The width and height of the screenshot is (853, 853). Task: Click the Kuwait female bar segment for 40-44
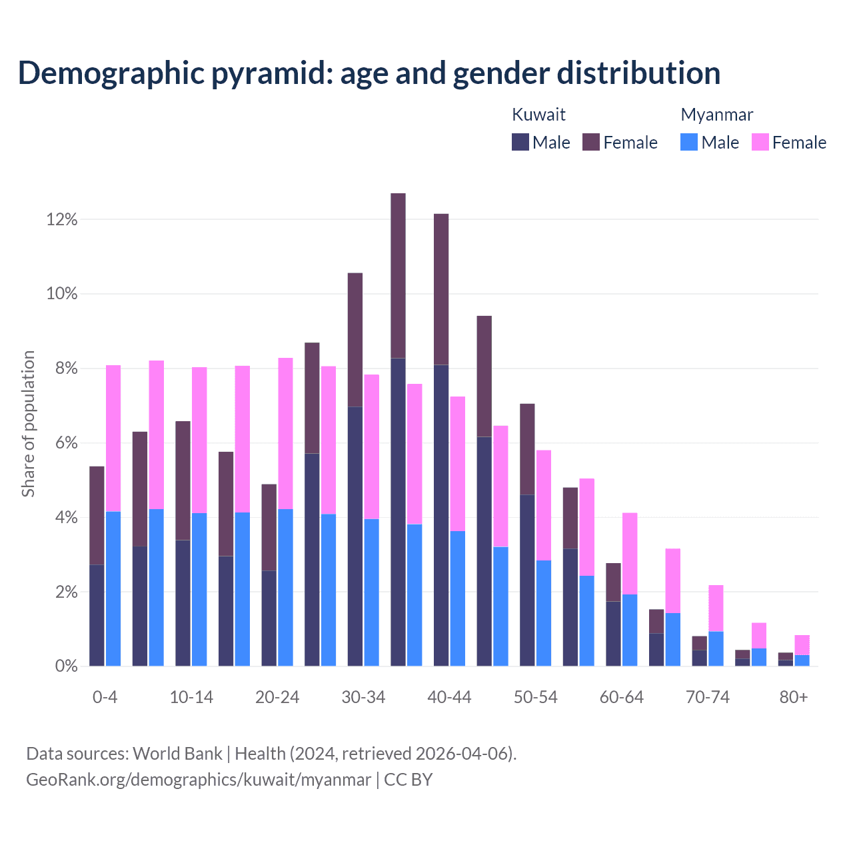click(x=441, y=289)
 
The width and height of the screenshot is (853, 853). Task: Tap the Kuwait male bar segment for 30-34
click(x=355, y=536)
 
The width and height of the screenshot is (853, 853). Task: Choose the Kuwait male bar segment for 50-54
click(x=527, y=580)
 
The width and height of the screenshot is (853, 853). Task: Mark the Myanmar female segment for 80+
click(x=802, y=645)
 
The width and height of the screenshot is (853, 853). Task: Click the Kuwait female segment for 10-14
click(x=183, y=480)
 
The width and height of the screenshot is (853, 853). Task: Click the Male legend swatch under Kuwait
click(x=520, y=142)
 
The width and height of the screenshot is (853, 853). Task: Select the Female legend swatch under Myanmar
click(x=760, y=142)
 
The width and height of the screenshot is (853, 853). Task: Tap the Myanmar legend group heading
click(x=716, y=115)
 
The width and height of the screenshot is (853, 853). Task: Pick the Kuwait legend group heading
click(x=538, y=115)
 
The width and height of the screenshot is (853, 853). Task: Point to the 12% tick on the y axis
click(x=62, y=219)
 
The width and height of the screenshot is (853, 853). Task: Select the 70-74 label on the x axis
click(x=708, y=697)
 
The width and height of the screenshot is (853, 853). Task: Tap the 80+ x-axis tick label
click(x=794, y=697)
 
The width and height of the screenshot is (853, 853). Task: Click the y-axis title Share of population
click(x=28, y=424)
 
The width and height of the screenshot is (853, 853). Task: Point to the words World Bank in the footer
click(x=177, y=754)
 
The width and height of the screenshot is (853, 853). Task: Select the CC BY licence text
click(x=409, y=780)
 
